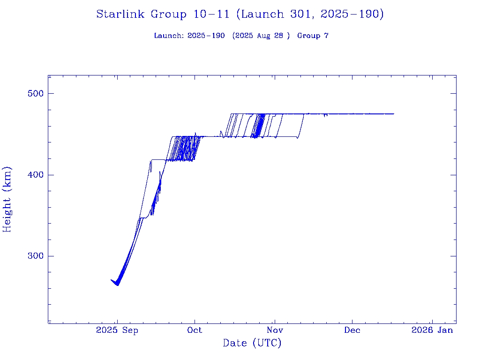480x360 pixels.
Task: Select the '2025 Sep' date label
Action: point(117,330)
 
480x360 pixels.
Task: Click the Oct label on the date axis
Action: point(195,330)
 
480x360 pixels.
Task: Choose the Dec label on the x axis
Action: point(352,330)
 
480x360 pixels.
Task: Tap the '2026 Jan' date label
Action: point(432,330)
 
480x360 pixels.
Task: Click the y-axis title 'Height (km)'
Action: point(7,199)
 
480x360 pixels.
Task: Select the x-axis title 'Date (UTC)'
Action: point(252,344)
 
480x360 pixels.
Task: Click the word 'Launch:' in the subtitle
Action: point(169,36)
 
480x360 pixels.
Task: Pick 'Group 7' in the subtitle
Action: point(313,36)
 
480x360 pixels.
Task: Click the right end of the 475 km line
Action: point(394,114)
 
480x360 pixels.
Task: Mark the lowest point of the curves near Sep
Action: point(118,285)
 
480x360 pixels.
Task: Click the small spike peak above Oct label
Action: point(195,133)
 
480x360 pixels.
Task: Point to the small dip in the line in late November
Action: point(325,116)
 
